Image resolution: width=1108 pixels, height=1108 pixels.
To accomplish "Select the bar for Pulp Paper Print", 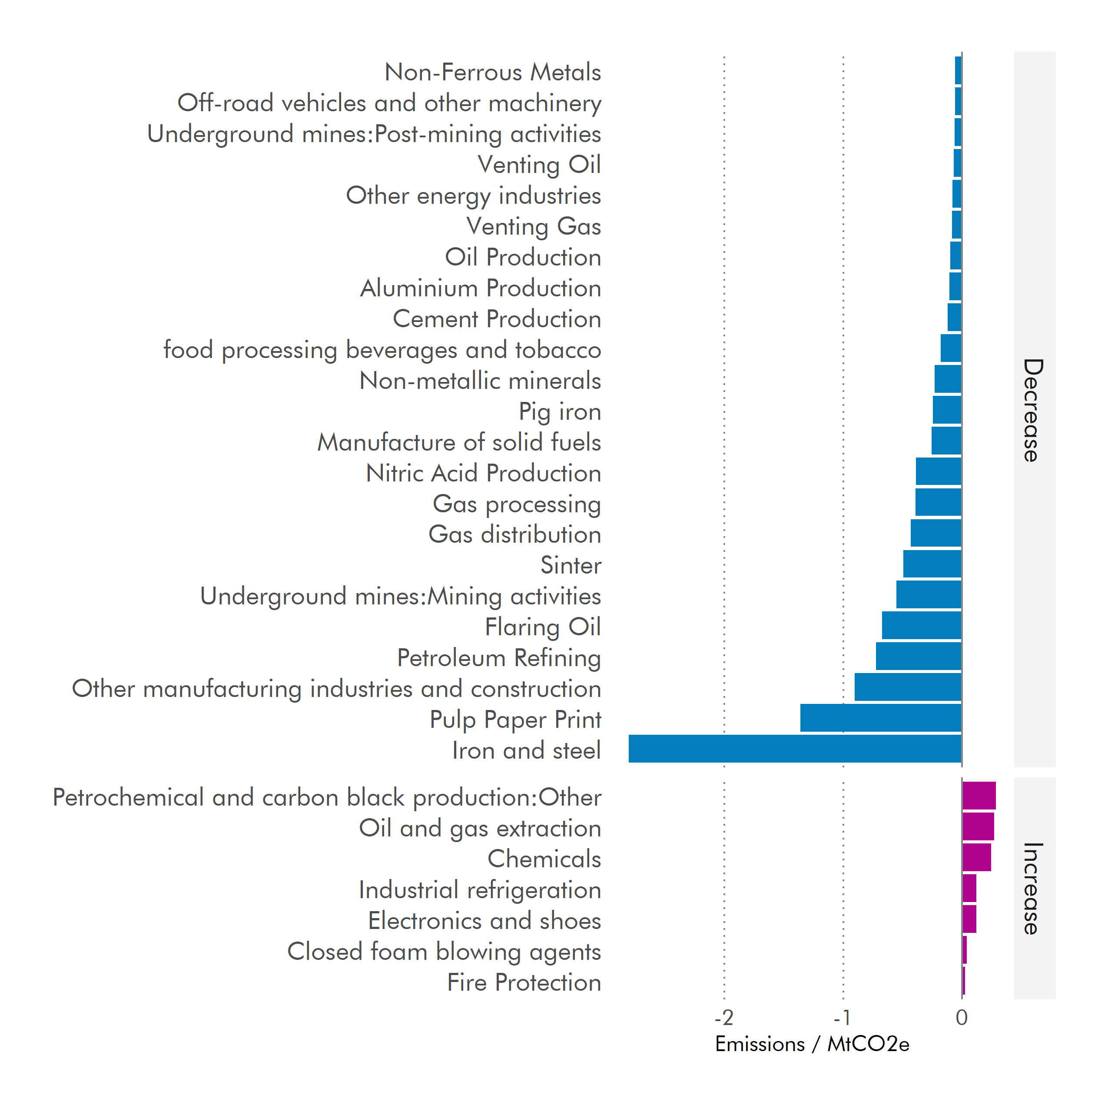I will pyautogui.click(x=881, y=717).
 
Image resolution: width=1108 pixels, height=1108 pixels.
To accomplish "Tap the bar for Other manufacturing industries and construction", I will pyautogui.click(x=908, y=687).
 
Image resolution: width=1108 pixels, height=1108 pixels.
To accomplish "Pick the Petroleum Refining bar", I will pyautogui.click(x=919, y=656).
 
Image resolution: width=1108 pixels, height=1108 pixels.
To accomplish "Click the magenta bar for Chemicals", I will pyautogui.click(x=977, y=857).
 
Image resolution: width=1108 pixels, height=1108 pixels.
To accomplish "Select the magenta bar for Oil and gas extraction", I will pyautogui.click(x=979, y=826).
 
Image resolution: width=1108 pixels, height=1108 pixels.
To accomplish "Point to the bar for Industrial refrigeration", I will pyautogui.click(x=969, y=888).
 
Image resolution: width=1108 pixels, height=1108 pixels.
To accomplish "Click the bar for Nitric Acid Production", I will pyautogui.click(x=939, y=471).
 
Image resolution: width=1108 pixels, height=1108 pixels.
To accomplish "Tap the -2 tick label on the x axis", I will pyautogui.click(x=724, y=1018).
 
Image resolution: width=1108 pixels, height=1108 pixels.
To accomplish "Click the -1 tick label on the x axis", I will pyautogui.click(x=842, y=1018).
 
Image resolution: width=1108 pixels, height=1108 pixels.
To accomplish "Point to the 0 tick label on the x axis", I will pyautogui.click(x=962, y=1018).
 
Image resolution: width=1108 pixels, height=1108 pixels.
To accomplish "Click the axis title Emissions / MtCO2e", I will pyautogui.click(x=812, y=1044).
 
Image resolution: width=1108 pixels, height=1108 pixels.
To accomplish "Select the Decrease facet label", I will pyautogui.click(x=1033, y=410).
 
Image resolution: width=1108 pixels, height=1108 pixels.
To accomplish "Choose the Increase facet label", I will pyautogui.click(x=1033, y=888).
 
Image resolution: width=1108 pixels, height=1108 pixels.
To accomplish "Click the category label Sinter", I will pyautogui.click(x=571, y=565).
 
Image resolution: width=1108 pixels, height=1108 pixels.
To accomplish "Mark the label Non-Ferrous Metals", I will pyautogui.click(x=493, y=72).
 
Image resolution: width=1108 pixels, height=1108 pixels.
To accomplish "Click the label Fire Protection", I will pyautogui.click(x=524, y=982).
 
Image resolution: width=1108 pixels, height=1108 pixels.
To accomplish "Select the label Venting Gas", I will pyautogui.click(x=533, y=226).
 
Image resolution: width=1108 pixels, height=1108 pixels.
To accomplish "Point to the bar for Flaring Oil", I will pyautogui.click(x=922, y=625).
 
